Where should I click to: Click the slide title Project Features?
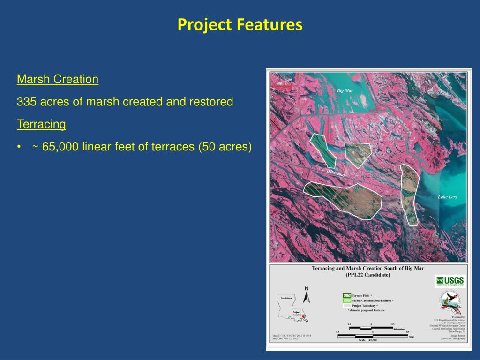(x=240, y=24)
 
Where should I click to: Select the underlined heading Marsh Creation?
(x=58, y=79)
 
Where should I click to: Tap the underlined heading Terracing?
(x=41, y=124)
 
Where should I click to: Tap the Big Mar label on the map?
(x=345, y=90)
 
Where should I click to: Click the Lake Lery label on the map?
(x=447, y=197)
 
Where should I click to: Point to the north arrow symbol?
(x=307, y=296)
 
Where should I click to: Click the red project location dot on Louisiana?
(x=303, y=317)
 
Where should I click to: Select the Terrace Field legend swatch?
(x=346, y=296)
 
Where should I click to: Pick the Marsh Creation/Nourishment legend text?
(x=373, y=300)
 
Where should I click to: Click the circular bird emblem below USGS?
(x=449, y=302)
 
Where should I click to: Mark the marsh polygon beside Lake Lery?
(x=408, y=195)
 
